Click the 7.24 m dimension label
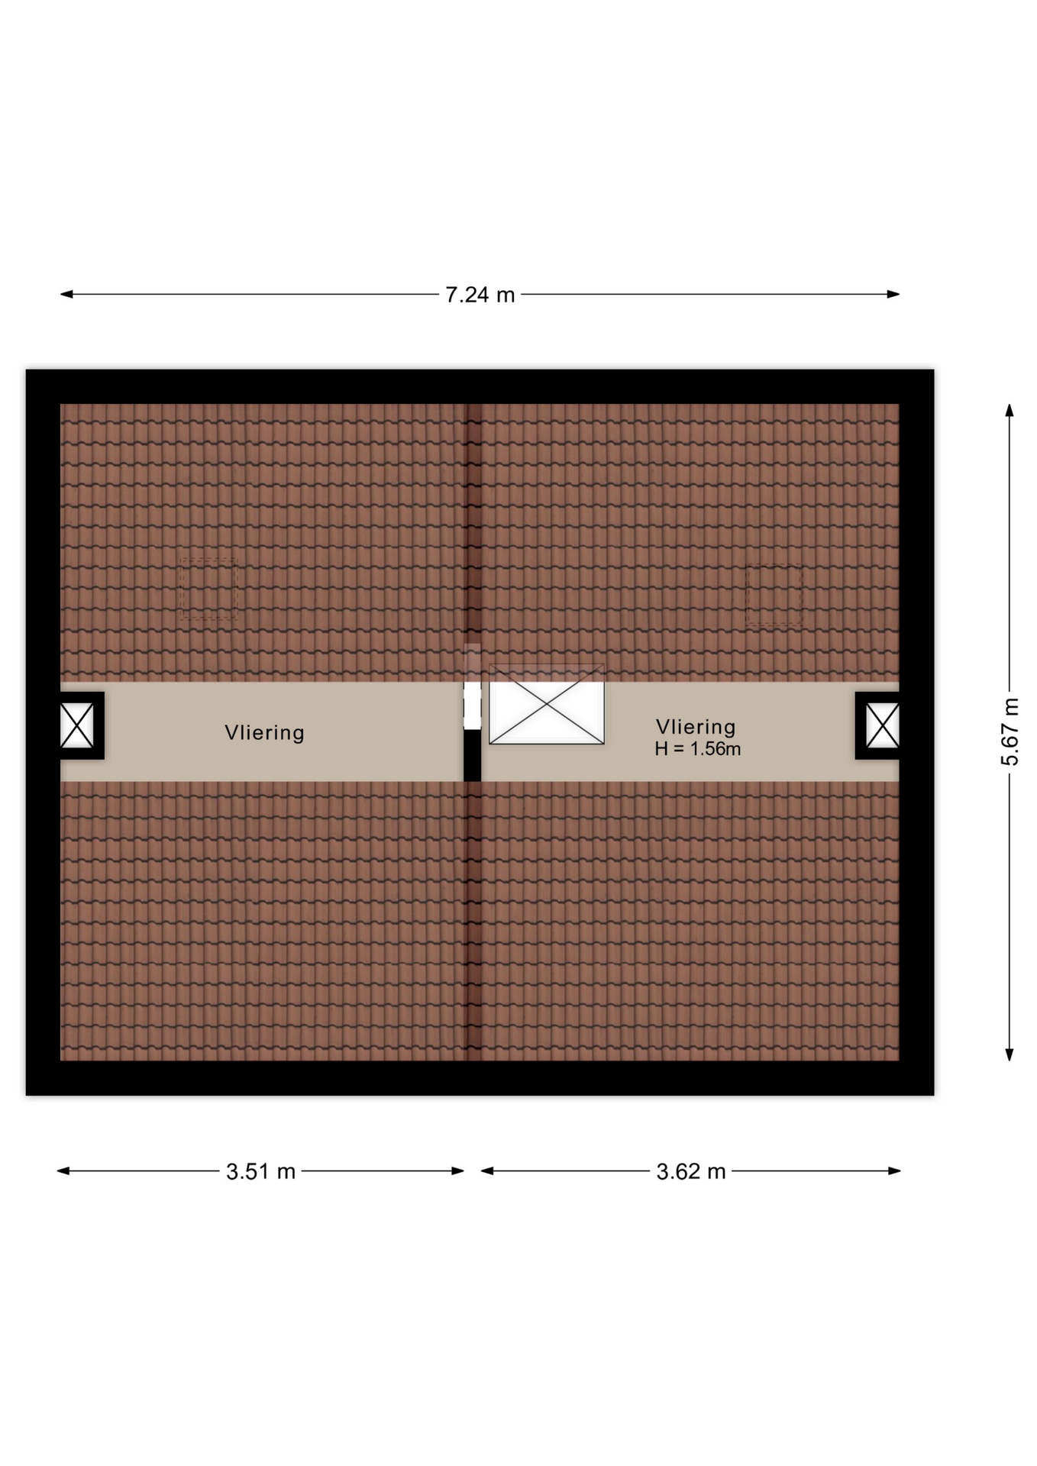click(x=480, y=295)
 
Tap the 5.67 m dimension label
click(x=1010, y=731)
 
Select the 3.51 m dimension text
click(x=260, y=1171)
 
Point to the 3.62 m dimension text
click(x=690, y=1171)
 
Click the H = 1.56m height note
click(x=697, y=749)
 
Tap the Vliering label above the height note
click(x=696, y=727)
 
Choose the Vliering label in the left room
click(x=264, y=733)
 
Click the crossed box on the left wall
click(x=77, y=725)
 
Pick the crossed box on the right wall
click(x=882, y=725)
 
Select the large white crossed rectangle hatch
click(x=547, y=704)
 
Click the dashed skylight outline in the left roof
click(x=208, y=588)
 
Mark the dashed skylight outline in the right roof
click(x=774, y=595)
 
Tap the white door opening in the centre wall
click(x=472, y=706)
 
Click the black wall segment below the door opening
click(x=472, y=756)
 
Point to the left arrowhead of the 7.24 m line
click(x=66, y=294)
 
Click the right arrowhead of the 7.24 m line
click(x=893, y=294)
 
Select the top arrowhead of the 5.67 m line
click(x=1010, y=410)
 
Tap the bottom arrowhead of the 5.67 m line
click(x=1010, y=1054)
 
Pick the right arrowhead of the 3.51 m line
click(x=458, y=1171)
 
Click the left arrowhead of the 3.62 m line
click(x=487, y=1171)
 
